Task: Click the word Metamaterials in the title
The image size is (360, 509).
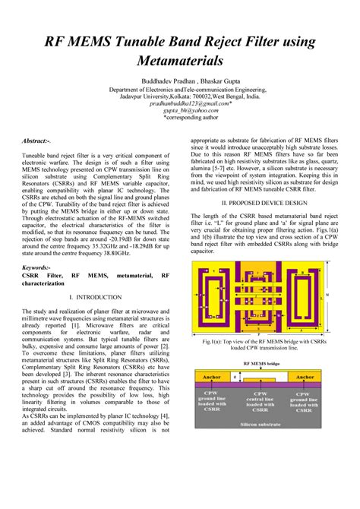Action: click(x=179, y=59)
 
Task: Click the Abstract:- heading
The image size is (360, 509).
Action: click(x=36, y=141)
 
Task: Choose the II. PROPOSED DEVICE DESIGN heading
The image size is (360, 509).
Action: click(x=264, y=204)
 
